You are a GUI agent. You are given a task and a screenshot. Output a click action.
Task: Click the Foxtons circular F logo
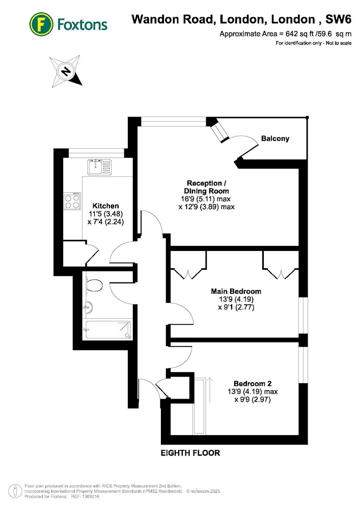coord(41,24)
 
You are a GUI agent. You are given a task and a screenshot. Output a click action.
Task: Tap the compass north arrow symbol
coord(65,71)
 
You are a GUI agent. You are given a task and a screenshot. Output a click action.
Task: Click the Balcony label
coord(275,138)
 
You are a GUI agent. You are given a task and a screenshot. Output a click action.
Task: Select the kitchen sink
coord(99,167)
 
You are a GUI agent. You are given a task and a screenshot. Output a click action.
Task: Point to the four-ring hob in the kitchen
coord(72,201)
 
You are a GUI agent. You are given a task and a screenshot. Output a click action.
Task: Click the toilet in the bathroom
coord(94,286)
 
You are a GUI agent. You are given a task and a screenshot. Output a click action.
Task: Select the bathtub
coord(108,330)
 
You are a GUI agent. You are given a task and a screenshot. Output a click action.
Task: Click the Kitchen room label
coord(105,206)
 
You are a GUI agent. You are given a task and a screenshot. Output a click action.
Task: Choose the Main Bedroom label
coord(236,291)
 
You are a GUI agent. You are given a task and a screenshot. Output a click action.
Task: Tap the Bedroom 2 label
coord(253,383)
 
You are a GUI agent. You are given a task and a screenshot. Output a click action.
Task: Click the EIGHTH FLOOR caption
coord(190,453)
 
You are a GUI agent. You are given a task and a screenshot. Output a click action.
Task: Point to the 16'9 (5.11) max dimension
coord(206,199)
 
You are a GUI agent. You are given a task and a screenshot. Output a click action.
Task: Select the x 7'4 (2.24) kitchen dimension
coord(106,222)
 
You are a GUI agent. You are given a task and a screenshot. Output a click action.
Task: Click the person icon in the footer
coord(15,491)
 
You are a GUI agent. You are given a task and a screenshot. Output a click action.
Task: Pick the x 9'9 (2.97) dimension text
coord(253,399)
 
